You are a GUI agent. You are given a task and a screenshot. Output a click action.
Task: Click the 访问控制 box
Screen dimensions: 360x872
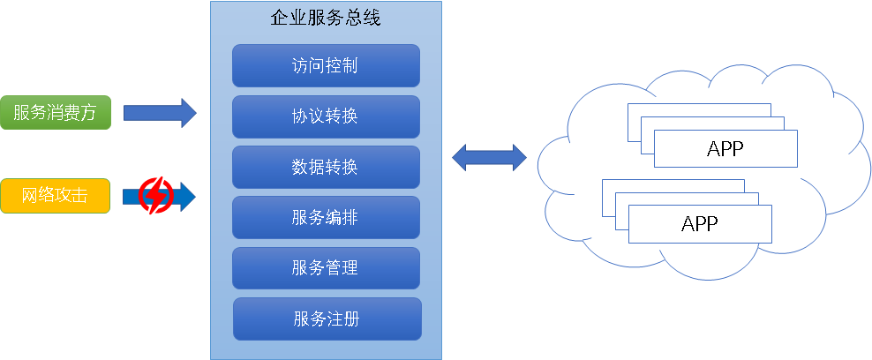coord(326,65)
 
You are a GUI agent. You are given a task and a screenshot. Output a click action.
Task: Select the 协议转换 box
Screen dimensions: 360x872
coord(326,116)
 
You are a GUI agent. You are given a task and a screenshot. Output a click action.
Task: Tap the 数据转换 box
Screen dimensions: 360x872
coord(326,167)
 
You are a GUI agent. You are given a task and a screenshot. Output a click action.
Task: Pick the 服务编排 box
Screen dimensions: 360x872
coord(326,217)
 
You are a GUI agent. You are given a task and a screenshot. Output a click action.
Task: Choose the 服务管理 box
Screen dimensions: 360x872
coord(326,267)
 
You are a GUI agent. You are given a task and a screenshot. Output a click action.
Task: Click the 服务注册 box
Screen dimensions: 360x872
coord(327,319)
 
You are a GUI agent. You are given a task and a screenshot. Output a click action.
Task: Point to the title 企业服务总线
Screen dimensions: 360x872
coord(326,17)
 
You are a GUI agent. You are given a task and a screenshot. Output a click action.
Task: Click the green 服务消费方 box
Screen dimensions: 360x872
coord(56,113)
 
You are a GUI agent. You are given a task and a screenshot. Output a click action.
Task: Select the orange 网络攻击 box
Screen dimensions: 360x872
coord(56,196)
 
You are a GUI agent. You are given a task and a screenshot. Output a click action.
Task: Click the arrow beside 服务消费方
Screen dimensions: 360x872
coord(160,113)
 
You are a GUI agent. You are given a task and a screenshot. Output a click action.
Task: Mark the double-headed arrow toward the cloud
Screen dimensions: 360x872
coord(489,159)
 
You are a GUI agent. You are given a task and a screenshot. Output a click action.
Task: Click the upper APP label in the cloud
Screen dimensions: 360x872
coord(725,148)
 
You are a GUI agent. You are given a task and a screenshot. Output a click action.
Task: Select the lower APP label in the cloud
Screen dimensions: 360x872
coord(700,223)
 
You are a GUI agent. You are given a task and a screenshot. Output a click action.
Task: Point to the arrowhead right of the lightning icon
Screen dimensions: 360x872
coord(187,195)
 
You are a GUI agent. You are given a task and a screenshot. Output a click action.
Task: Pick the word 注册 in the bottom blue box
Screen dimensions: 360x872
coord(343,319)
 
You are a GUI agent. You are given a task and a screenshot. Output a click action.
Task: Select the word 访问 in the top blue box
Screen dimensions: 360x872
coord(308,65)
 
